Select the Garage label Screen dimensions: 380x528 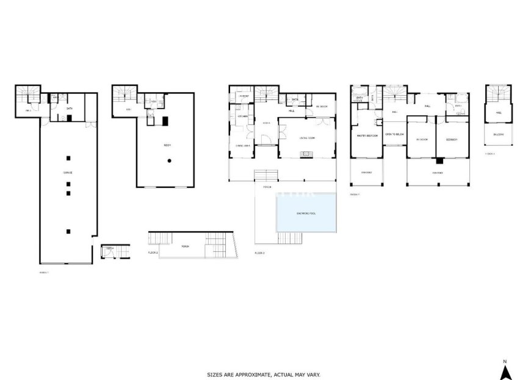coord(68,173)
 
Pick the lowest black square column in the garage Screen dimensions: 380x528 coord(68,231)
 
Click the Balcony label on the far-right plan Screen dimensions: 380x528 coord(499,134)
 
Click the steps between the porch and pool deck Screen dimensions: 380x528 coord(265,174)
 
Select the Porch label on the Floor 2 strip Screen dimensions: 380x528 coord(185,246)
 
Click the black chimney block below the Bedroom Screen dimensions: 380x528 coord(439,161)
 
